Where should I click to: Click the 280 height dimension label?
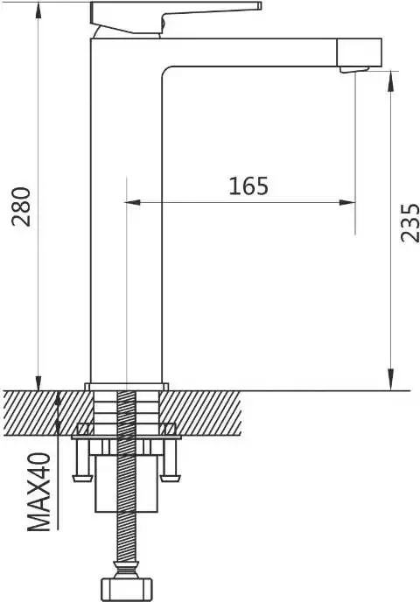tap(22, 206)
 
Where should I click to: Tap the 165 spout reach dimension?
tap(248, 186)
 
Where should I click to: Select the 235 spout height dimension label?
tap(409, 222)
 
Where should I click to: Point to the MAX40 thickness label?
tap(39, 493)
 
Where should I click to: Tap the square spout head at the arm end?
tap(360, 52)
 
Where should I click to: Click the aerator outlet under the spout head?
tap(354, 69)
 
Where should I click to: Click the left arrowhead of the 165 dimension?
tap(133, 202)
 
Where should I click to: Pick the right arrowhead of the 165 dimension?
tap(347, 202)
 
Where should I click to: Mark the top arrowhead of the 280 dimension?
tap(38, 10)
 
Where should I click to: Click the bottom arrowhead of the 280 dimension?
tap(38, 383)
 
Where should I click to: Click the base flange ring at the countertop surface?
tap(126, 387)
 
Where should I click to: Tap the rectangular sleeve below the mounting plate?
tap(126, 484)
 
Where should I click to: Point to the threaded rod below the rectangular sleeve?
tap(126, 536)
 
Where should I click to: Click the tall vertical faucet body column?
tap(126, 215)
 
